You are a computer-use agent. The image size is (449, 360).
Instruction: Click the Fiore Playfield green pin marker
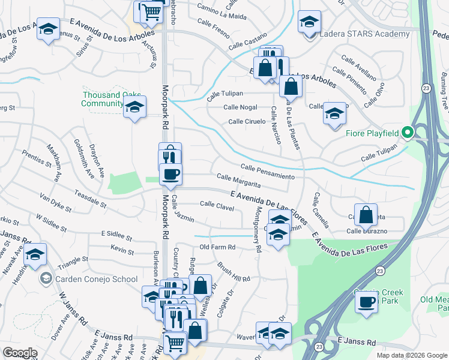[x=408, y=132]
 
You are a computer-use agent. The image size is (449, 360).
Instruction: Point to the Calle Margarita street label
[x=238, y=181]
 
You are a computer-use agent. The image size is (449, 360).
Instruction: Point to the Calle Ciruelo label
[x=247, y=122]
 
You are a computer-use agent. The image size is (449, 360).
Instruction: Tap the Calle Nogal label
[x=240, y=107]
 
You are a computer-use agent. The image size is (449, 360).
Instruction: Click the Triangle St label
[x=73, y=263]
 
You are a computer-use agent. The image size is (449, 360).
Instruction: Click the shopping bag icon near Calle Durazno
[x=366, y=214]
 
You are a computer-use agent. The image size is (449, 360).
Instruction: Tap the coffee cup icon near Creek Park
[x=366, y=302]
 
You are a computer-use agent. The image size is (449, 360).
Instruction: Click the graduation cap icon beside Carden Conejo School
[x=35, y=256]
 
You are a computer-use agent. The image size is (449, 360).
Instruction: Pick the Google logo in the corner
[x=20, y=353]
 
